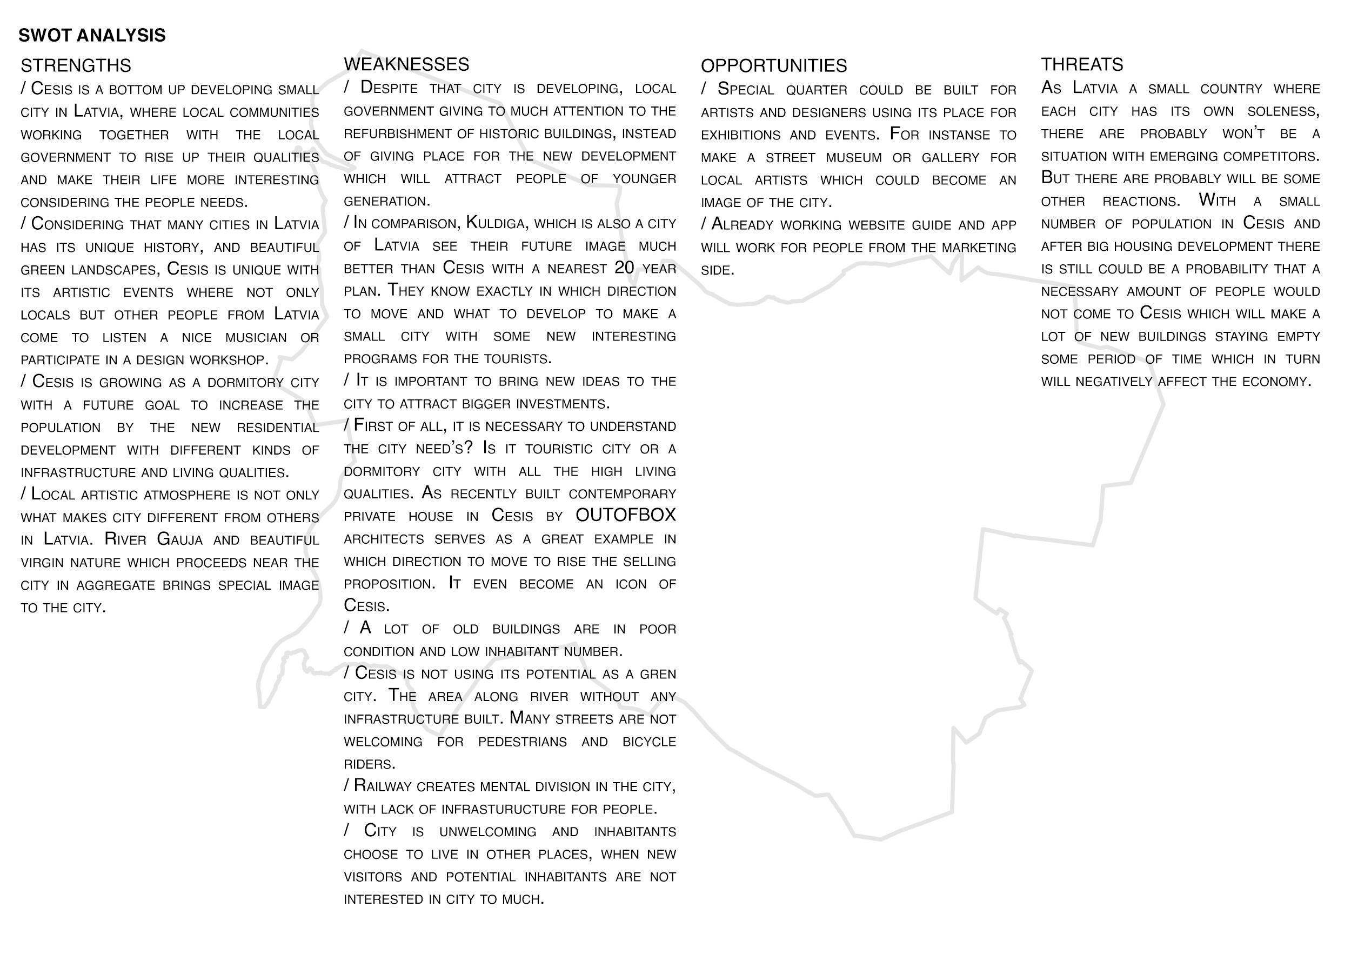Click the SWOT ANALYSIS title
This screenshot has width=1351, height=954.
click(x=92, y=35)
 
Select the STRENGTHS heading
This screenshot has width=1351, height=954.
click(x=76, y=65)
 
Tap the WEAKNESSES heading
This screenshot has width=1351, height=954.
click(x=406, y=64)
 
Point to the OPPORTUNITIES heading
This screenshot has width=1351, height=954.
click(x=774, y=65)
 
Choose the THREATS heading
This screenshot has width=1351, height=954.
click(x=1081, y=64)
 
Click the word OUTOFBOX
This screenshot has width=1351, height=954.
click(x=625, y=516)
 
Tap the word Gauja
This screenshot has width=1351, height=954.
click(x=179, y=539)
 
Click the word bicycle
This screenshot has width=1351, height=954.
click(x=649, y=742)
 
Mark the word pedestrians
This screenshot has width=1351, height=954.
click(x=523, y=742)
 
